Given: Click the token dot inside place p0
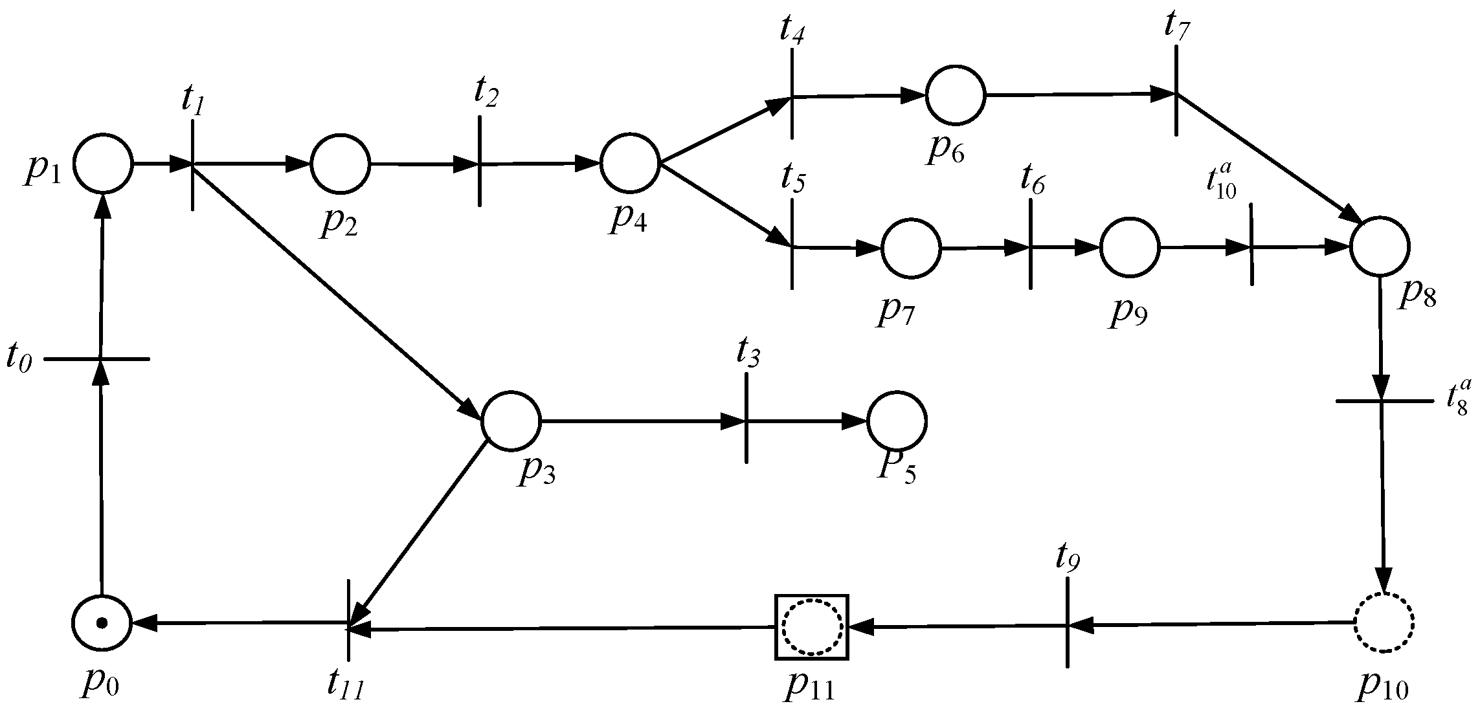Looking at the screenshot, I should pyautogui.click(x=102, y=623).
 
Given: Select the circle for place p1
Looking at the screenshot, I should pyautogui.click(x=103, y=164).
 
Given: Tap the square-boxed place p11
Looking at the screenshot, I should pyautogui.click(x=812, y=627).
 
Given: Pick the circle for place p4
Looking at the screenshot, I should pyautogui.click(x=630, y=164).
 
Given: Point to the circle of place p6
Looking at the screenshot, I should pyautogui.click(x=956, y=94).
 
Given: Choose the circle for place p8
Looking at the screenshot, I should pyautogui.click(x=1380, y=247).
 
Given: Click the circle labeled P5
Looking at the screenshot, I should pyautogui.click(x=897, y=421).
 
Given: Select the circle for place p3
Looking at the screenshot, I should pyautogui.click(x=511, y=421).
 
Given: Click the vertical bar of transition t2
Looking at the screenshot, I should pyautogui.click(x=479, y=162).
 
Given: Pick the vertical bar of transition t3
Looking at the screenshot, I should pyautogui.click(x=746, y=419).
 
